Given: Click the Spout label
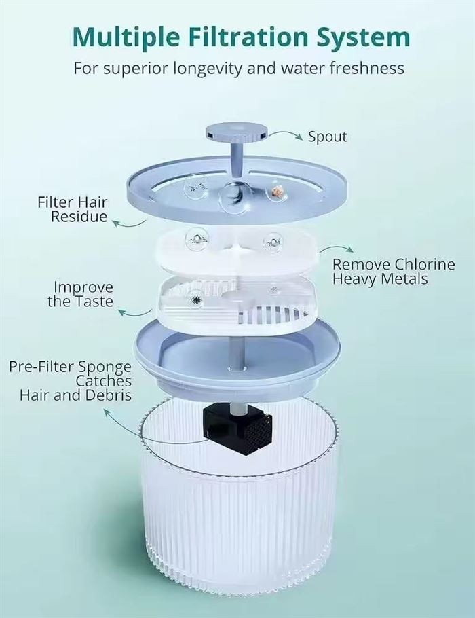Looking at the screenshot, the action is pyautogui.click(x=327, y=137).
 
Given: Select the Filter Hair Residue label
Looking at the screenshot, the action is pyautogui.click(x=73, y=209).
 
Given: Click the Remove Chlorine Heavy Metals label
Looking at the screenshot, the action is pyautogui.click(x=394, y=271).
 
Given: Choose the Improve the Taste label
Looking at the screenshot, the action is pyautogui.click(x=81, y=294).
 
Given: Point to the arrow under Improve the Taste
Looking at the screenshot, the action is pyautogui.click(x=135, y=313).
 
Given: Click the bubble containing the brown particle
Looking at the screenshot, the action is pyautogui.click(x=275, y=192).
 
